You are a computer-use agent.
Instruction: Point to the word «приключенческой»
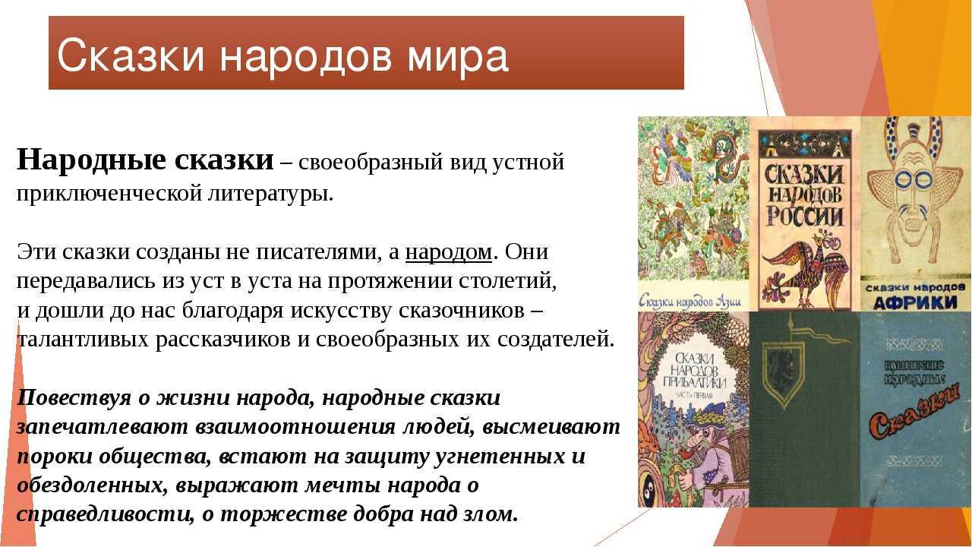click(x=109, y=194)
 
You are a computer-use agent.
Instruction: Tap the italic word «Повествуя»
click(x=74, y=399)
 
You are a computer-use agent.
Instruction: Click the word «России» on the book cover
click(x=806, y=216)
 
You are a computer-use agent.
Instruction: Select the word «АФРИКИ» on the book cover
click(x=915, y=302)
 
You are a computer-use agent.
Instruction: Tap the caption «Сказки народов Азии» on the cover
click(x=691, y=300)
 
